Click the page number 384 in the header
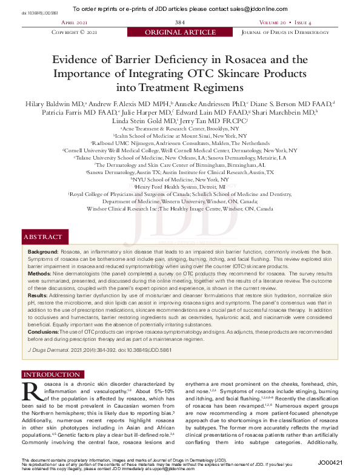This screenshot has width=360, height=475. [x=179, y=22]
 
